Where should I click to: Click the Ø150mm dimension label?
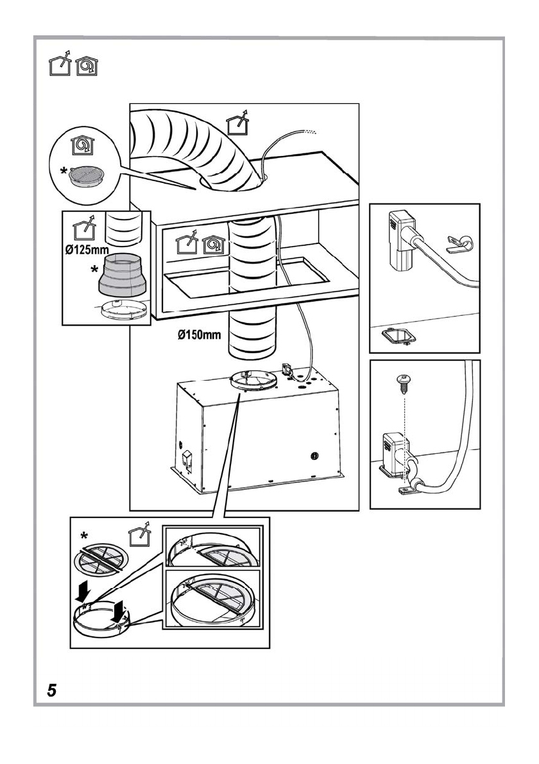(x=199, y=335)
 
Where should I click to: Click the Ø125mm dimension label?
(x=87, y=250)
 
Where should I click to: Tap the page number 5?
(x=51, y=690)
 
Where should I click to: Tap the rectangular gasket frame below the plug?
(x=395, y=336)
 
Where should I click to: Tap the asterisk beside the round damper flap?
(x=84, y=537)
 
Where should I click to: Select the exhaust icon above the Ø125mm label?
(x=84, y=228)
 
